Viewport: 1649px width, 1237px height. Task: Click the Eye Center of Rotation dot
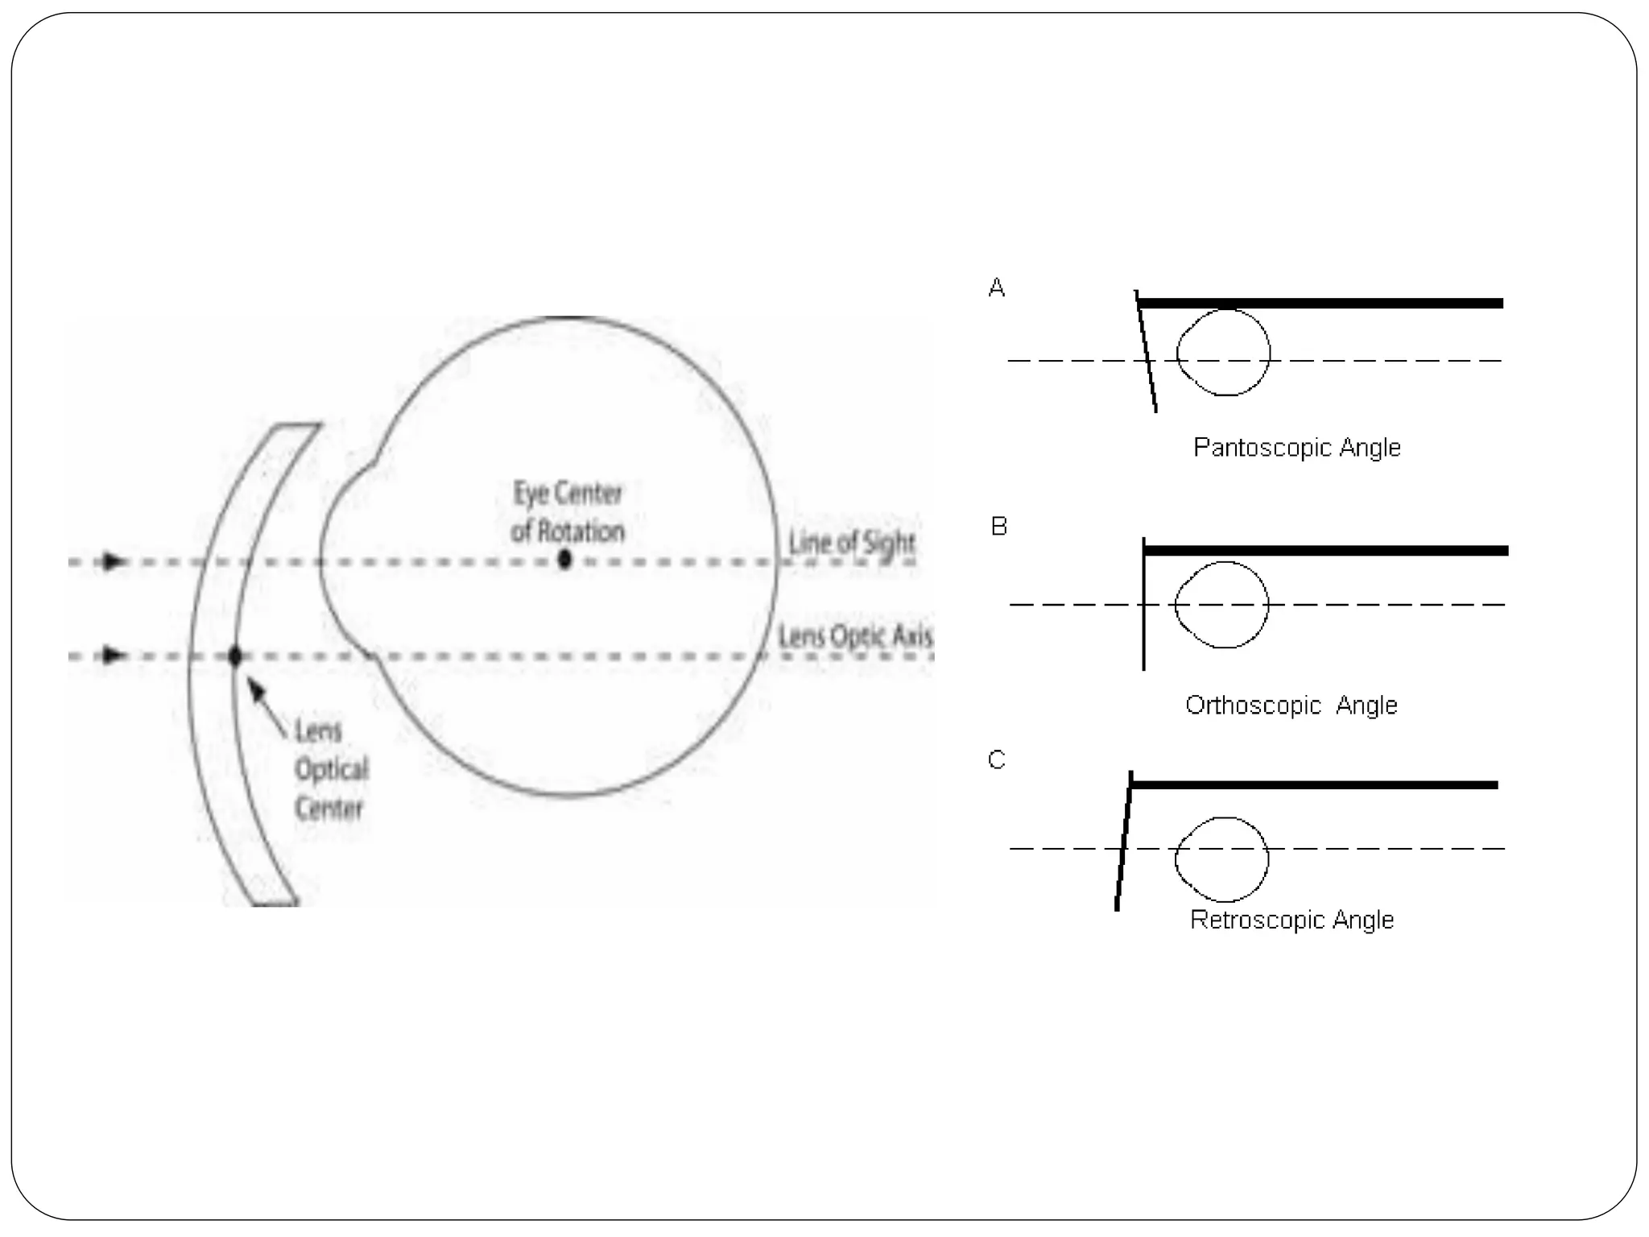pyautogui.click(x=564, y=558)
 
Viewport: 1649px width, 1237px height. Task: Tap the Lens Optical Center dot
pyautogui.click(x=234, y=656)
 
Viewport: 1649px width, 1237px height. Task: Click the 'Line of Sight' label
pyautogui.click(x=851, y=543)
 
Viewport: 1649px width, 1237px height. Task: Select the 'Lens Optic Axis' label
pyautogui.click(x=855, y=636)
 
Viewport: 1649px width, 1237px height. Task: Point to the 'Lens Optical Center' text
pyautogui.click(x=330, y=769)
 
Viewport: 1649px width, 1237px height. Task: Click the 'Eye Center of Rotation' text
pyautogui.click(x=568, y=512)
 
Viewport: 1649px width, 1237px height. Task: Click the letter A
pyautogui.click(x=996, y=288)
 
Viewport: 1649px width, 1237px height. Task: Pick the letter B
pyautogui.click(x=998, y=527)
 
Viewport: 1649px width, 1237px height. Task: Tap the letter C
pyautogui.click(x=996, y=759)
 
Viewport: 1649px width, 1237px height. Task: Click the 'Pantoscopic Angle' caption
pyautogui.click(x=1296, y=447)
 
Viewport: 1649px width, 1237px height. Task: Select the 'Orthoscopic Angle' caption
pyautogui.click(x=1291, y=705)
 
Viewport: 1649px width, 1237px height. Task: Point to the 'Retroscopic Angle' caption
pyautogui.click(x=1292, y=919)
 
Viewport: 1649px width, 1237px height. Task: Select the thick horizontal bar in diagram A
pyautogui.click(x=1320, y=304)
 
